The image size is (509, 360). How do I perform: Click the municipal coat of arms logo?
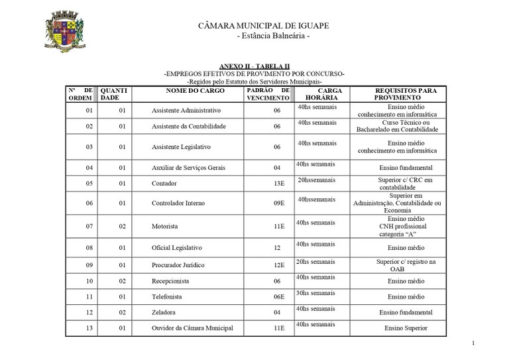pyautogui.click(x=64, y=32)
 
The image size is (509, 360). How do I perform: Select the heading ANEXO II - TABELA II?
pyautogui.click(x=254, y=66)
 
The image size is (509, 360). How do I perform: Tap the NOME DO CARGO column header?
pyautogui.click(x=188, y=90)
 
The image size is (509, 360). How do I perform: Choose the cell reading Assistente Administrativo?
pyautogui.click(x=186, y=110)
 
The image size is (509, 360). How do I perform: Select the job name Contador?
pyautogui.click(x=164, y=184)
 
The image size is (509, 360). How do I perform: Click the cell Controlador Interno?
pyautogui.click(x=178, y=203)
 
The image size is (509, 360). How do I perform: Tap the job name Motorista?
pyautogui.click(x=165, y=226)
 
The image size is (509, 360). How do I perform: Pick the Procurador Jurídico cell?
pyautogui.click(x=178, y=265)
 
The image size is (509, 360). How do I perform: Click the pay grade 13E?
pyautogui.click(x=278, y=184)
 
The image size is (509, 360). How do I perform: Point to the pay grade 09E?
pyautogui.click(x=278, y=203)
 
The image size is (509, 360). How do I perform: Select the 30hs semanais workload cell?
pyautogui.click(x=316, y=293)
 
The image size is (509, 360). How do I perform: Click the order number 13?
pyautogui.click(x=89, y=328)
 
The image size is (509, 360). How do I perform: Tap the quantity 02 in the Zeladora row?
pyautogui.click(x=122, y=312)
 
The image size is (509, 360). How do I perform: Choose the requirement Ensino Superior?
pyautogui.click(x=406, y=328)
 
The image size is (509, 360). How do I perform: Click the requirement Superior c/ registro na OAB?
pyautogui.click(x=406, y=265)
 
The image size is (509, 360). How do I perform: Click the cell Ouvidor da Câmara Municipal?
pyautogui.click(x=192, y=328)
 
